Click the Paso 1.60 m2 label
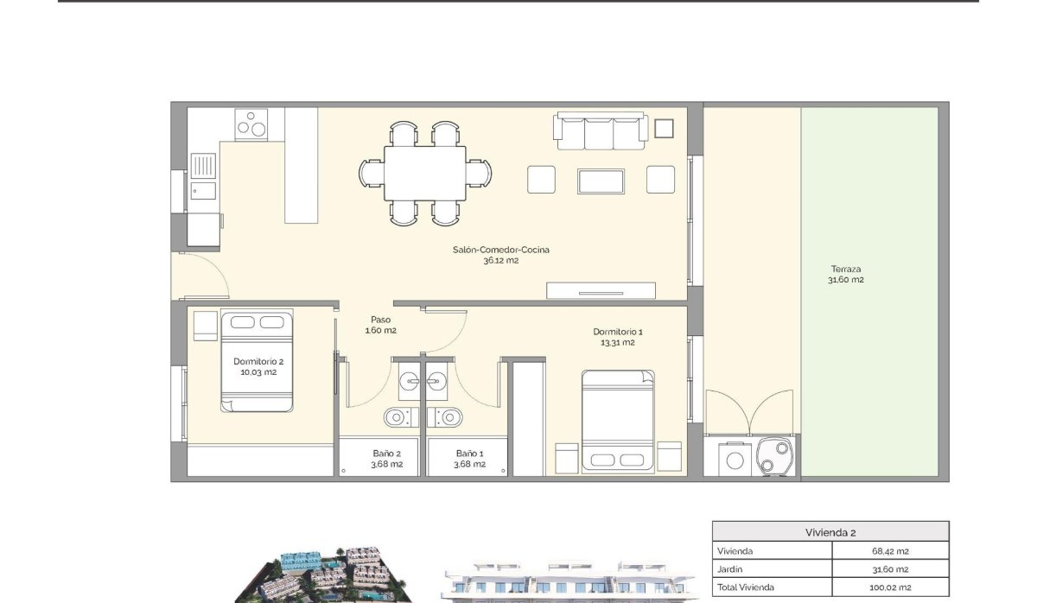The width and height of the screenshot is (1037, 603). coord(381,324)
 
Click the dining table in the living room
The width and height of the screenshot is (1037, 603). coord(424,173)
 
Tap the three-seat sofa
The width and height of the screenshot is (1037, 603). coord(601,130)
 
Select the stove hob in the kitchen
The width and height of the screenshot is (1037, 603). coord(251,124)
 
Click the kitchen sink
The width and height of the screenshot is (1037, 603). coord(204,165)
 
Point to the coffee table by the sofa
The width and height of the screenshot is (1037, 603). coord(601,181)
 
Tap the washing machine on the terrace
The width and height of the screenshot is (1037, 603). coord(735,460)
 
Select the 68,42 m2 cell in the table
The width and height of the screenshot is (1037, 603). coord(889,551)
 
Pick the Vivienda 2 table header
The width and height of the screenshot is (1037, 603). coord(830,532)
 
